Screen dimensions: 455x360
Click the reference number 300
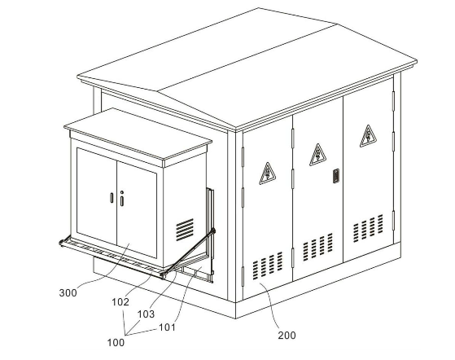pyautogui.click(x=68, y=292)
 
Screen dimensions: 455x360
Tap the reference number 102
pyautogui.click(x=120, y=302)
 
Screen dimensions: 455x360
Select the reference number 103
pyautogui.click(x=146, y=314)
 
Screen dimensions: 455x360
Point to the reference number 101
pyautogui.click(x=167, y=327)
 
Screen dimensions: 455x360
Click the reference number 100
pyautogui.click(x=116, y=343)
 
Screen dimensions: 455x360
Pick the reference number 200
pyautogui.click(x=287, y=336)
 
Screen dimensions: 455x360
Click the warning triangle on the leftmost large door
pyautogui.click(x=267, y=173)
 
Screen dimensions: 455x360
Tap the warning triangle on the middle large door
pyautogui.click(x=317, y=155)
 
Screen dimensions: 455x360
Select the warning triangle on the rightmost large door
pyautogui.click(x=368, y=136)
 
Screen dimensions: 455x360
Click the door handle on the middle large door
pyautogui.click(x=336, y=176)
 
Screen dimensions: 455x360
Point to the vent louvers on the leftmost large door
pyautogui.click(x=268, y=266)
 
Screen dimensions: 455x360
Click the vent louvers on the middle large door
pyautogui.click(x=317, y=247)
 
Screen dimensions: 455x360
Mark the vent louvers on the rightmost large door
pyautogui.click(x=368, y=228)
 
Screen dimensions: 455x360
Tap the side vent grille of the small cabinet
pyautogui.click(x=185, y=230)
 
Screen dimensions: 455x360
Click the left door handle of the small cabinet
pyautogui.click(x=112, y=198)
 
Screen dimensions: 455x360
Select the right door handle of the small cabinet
pyautogui.click(x=122, y=199)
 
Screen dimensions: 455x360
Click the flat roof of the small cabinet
pyautogui.click(x=138, y=134)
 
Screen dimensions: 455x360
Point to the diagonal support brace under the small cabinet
pyautogui.click(x=188, y=253)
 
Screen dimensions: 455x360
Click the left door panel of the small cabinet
pyautogui.click(x=97, y=196)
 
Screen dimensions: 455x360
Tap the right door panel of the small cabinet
pyautogui.click(x=137, y=209)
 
